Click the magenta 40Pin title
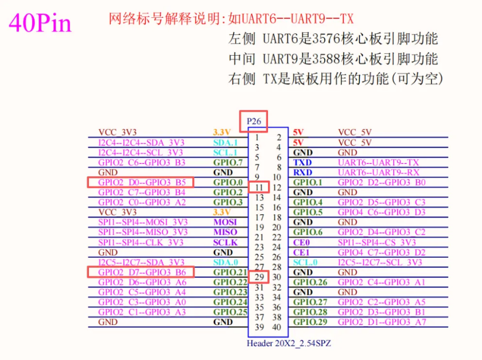point(40,23)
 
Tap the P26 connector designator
point(254,121)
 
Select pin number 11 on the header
point(259,187)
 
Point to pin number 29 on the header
point(259,277)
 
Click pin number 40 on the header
point(277,327)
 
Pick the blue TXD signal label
point(302,162)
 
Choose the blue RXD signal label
point(303,172)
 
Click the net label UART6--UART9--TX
point(378,162)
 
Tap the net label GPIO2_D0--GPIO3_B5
point(142,183)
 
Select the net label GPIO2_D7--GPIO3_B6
point(142,272)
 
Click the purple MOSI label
point(225,222)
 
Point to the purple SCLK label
point(226,242)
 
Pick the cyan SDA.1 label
point(226,142)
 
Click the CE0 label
point(301,242)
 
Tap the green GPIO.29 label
point(310,322)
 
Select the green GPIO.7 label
point(228,162)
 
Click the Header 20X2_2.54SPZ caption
point(289,343)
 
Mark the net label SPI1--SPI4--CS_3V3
point(377,242)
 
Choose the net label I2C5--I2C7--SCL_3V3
point(380,262)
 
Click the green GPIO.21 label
point(230,272)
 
